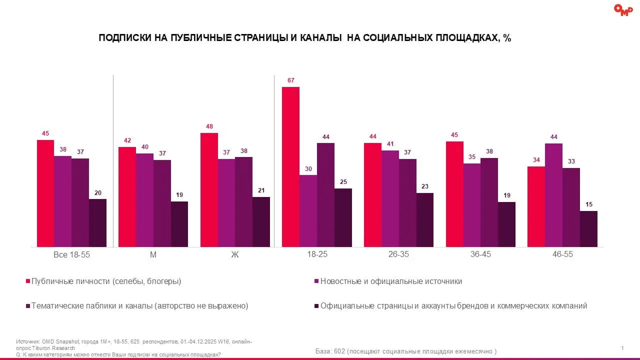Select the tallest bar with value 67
tap(290, 166)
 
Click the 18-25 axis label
tap(317, 254)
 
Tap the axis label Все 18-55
tap(71, 254)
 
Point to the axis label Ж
tap(235, 254)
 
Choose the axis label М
tap(153, 254)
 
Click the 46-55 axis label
tap(562, 254)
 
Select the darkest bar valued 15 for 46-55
tap(588, 229)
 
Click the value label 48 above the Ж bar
tap(209, 126)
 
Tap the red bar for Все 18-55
tap(45, 193)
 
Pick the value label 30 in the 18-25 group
tap(308, 168)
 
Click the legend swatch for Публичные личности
tap(27, 281)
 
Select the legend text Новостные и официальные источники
tap(391, 281)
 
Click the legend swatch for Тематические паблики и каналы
tap(27, 306)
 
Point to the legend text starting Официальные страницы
tap(453, 306)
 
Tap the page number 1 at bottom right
tap(622, 348)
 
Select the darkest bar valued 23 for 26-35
tap(425, 220)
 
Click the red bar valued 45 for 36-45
tap(454, 194)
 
